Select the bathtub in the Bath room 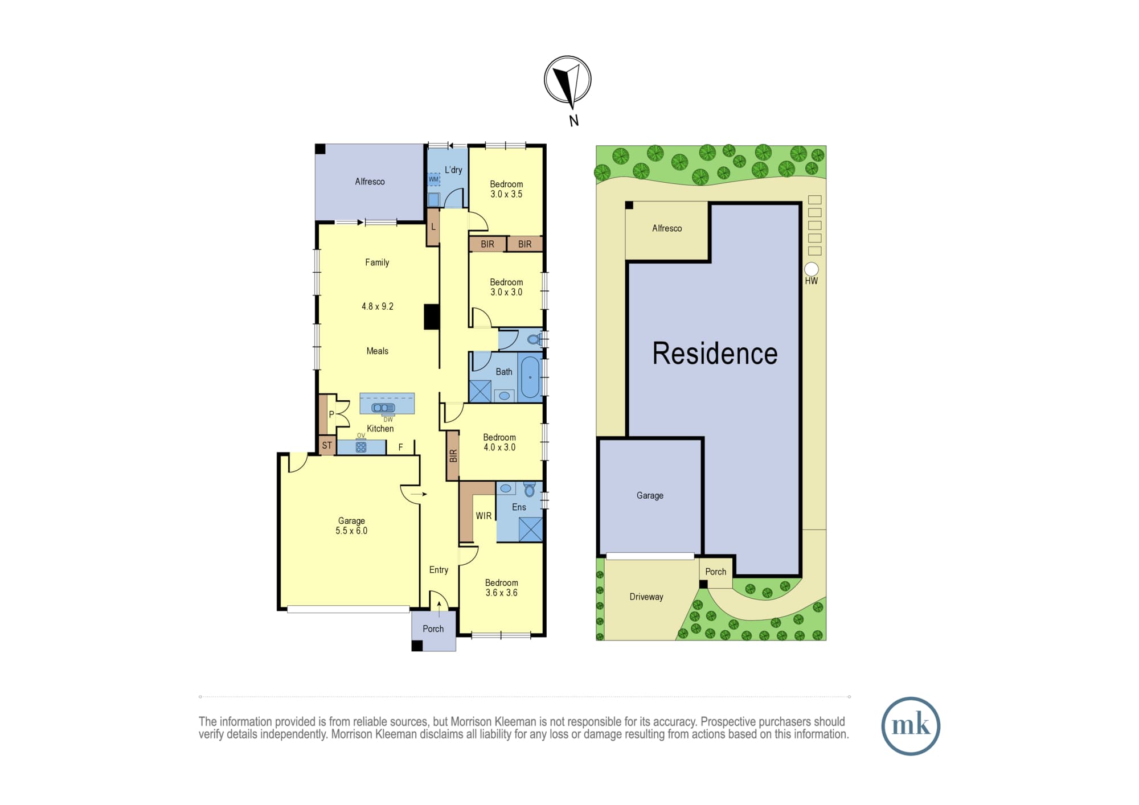(x=530, y=377)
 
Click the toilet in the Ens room (x=529, y=488)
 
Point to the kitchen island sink (x=383, y=408)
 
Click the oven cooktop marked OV (x=360, y=447)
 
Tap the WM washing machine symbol (x=434, y=179)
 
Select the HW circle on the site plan (x=811, y=269)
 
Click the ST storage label (x=327, y=445)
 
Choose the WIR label (x=484, y=516)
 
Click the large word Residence (x=715, y=354)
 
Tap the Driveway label (x=646, y=597)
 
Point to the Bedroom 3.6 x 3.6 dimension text (x=501, y=593)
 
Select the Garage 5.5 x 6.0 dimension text (x=351, y=531)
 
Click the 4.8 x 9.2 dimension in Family (x=378, y=306)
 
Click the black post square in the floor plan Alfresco (x=320, y=149)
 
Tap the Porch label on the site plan (x=716, y=572)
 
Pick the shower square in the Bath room (x=480, y=391)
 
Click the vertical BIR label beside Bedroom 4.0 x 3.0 (x=453, y=455)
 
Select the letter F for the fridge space (x=400, y=447)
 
